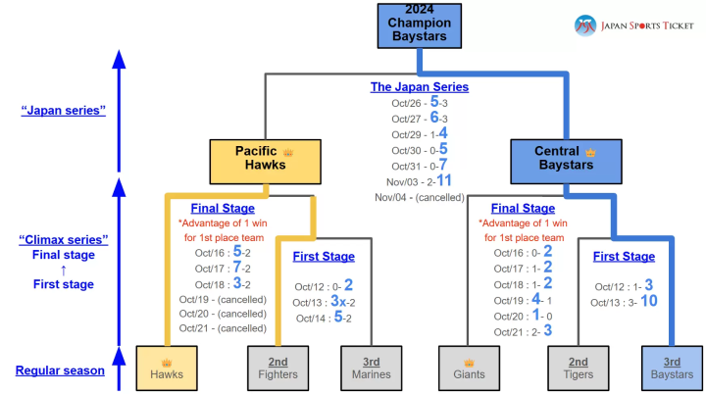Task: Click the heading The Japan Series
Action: (419, 87)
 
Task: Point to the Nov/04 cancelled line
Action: (419, 197)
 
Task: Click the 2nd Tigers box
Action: (579, 368)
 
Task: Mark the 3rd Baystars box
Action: (672, 368)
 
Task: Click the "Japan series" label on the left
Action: (63, 111)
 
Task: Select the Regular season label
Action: (60, 370)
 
